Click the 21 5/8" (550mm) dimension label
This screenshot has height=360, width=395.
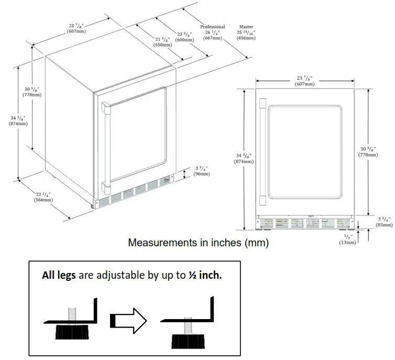pos(162,42)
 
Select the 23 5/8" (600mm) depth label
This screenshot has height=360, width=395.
pos(184,37)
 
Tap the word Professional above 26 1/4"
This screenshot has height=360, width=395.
pos(213,27)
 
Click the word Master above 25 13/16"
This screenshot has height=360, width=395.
pos(246,27)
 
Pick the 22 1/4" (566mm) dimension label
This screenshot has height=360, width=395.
pos(43,197)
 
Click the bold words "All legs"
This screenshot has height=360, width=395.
pos(59,276)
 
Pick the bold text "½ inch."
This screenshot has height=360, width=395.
pos(205,276)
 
